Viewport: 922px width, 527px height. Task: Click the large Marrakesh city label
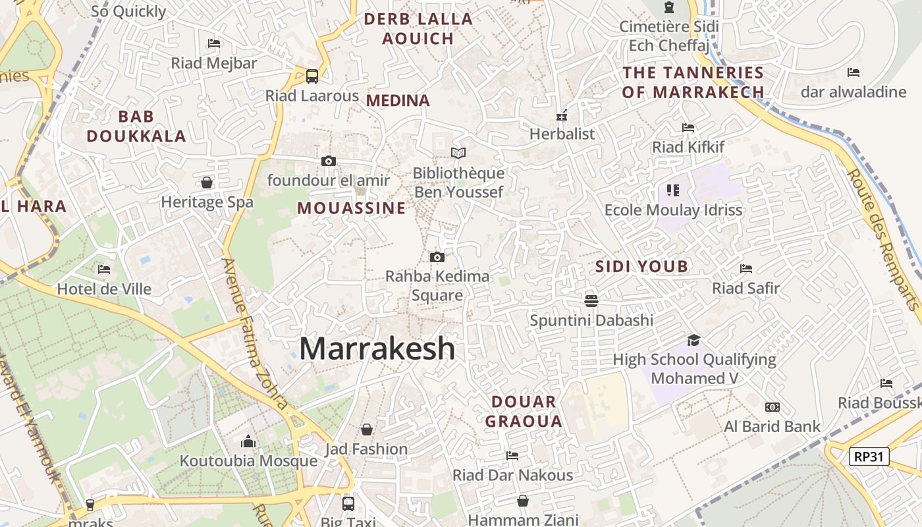click(377, 348)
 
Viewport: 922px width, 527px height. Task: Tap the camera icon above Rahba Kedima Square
click(437, 257)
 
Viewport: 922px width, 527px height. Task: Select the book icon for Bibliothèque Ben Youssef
click(458, 153)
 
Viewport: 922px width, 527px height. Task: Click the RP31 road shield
click(869, 456)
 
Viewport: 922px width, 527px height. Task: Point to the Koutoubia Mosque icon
click(248, 441)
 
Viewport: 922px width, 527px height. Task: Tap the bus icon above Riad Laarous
click(312, 76)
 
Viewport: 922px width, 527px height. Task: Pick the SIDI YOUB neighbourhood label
click(641, 266)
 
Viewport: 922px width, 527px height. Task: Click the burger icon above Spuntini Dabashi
click(591, 301)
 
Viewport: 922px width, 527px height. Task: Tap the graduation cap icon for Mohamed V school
click(694, 340)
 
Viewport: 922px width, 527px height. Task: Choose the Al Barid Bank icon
click(773, 407)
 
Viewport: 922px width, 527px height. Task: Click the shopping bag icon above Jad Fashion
click(367, 430)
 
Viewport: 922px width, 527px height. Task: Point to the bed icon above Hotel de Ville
click(104, 269)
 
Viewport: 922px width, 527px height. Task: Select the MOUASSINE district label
click(351, 208)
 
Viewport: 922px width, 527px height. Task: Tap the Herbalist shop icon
click(562, 115)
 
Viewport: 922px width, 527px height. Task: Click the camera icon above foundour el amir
click(328, 161)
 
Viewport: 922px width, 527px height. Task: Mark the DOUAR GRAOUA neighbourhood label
click(524, 411)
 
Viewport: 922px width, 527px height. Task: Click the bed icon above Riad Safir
click(746, 268)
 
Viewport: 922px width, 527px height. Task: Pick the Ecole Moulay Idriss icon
click(672, 190)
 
